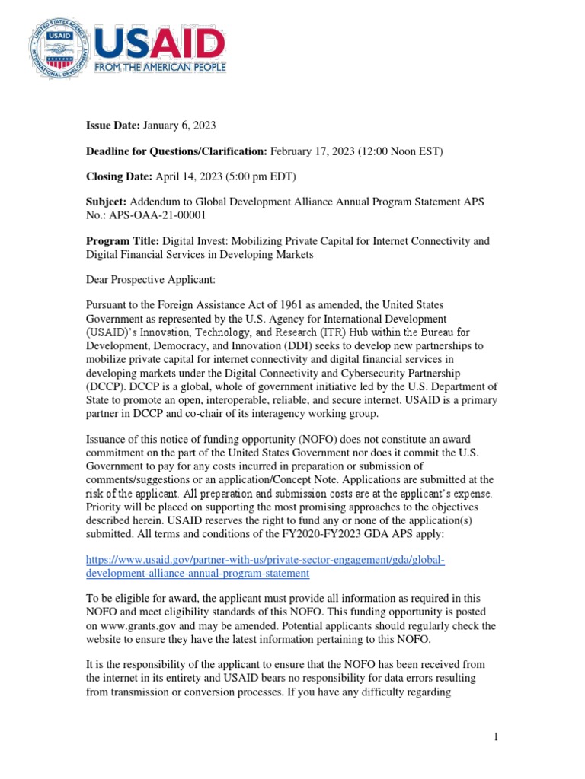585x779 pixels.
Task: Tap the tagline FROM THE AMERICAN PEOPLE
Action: click(159, 68)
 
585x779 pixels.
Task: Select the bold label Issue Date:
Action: click(113, 124)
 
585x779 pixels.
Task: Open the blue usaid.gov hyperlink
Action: click(264, 567)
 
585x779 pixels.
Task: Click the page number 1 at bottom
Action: click(494, 737)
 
